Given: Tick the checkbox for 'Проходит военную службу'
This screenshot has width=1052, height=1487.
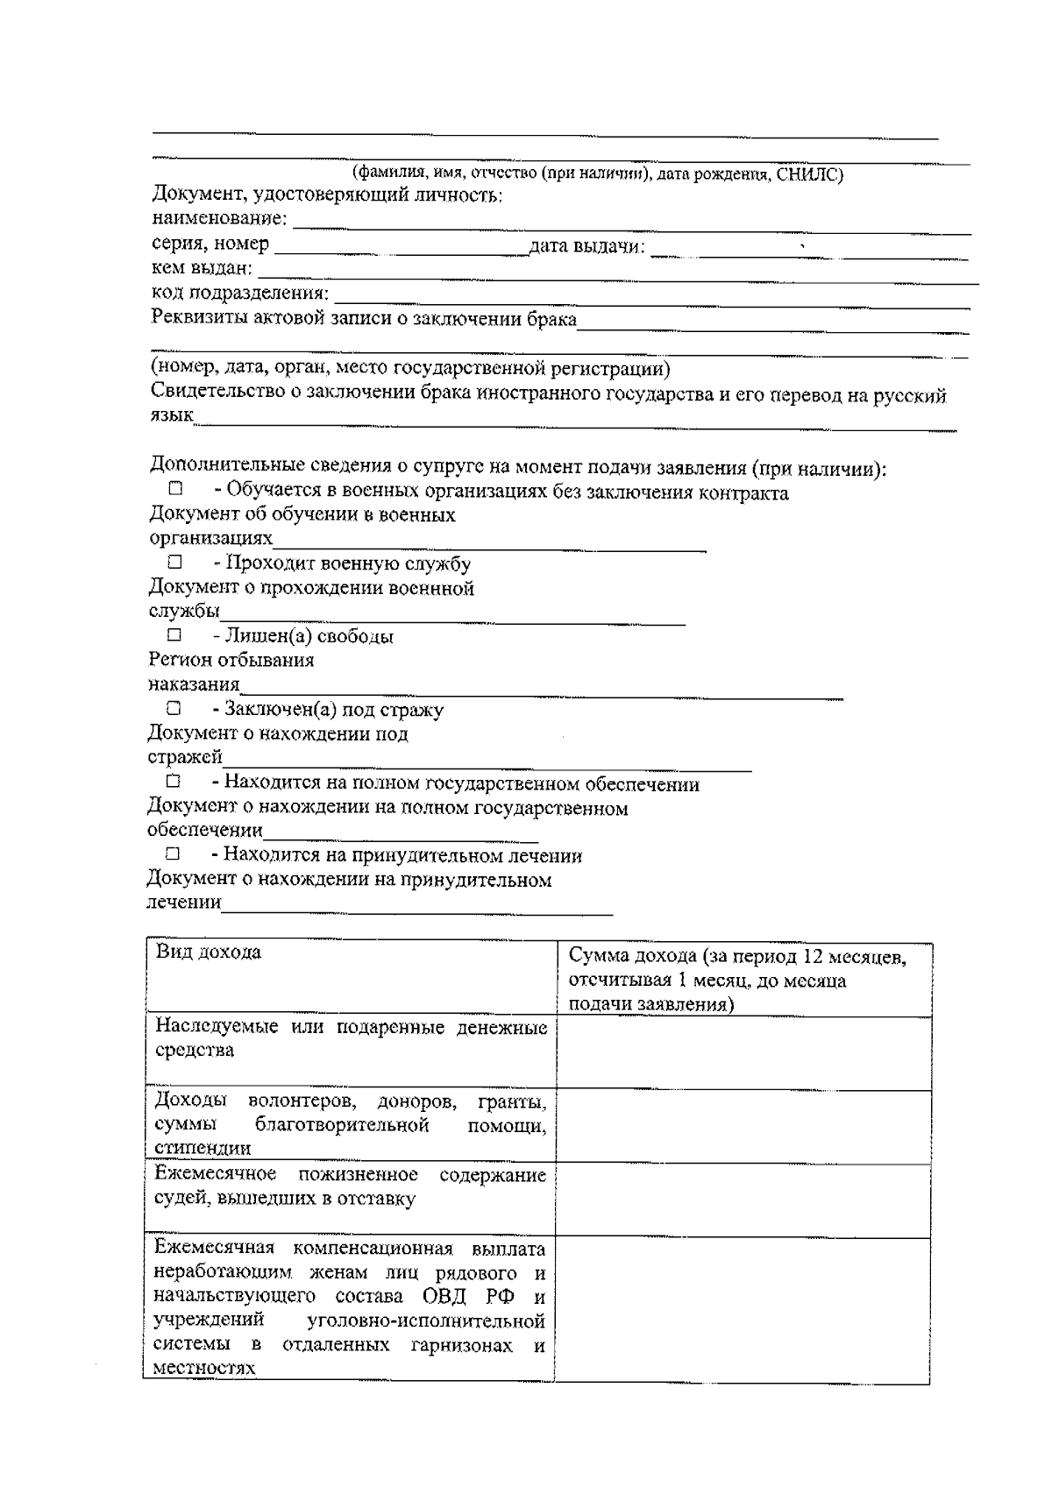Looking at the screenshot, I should coord(174,562).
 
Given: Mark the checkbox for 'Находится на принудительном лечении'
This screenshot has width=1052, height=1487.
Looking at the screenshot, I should coord(173,853).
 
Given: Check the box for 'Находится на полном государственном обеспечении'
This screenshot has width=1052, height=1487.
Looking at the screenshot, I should coord(174,780).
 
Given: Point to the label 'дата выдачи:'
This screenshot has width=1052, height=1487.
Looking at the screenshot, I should coord(586,246).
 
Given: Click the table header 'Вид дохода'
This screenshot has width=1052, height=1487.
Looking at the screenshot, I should coord(209,952).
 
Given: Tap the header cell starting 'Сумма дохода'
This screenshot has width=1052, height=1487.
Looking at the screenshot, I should coord(736,980).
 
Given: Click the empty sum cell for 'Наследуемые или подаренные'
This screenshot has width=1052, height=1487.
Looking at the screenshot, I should coord(743,1053).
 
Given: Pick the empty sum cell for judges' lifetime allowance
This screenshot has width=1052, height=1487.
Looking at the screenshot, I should coord(743,1200).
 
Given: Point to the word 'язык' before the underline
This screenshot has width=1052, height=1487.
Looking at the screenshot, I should coord(171,416).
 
